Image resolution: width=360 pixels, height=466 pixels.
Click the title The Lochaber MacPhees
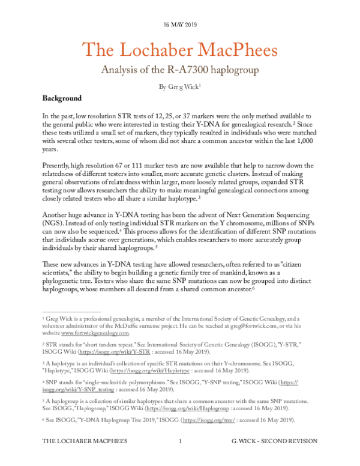(179, 49)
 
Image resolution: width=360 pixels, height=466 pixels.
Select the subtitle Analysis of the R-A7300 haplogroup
(179, 70)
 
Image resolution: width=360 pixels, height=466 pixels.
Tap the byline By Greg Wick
(179, 86)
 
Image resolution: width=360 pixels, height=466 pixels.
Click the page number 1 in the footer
(180, 458)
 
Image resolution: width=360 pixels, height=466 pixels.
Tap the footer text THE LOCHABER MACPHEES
(80, 458)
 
